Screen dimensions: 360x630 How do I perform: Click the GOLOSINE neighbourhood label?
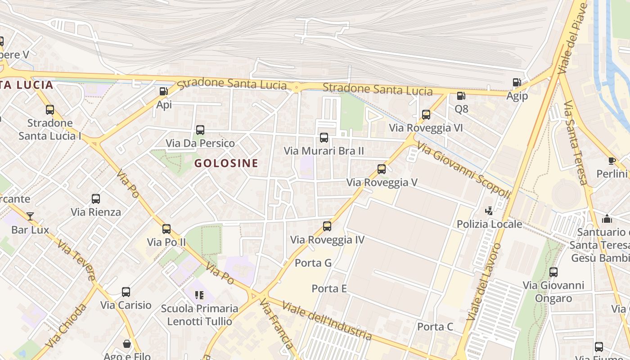226,163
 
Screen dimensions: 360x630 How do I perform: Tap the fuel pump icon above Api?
163,91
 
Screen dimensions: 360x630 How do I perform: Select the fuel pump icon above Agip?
517,82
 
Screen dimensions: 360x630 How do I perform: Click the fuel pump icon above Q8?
461,96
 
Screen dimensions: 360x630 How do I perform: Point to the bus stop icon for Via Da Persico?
200,130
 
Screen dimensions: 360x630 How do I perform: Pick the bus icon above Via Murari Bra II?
324,138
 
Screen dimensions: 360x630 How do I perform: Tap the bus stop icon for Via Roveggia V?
382,169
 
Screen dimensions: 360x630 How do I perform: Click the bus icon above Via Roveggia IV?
327,226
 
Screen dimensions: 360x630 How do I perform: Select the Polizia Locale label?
490,224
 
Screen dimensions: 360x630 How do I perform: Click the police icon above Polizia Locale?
489,211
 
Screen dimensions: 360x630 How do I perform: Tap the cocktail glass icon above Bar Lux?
30,216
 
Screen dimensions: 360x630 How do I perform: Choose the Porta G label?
313,263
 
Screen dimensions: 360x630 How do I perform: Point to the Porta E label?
329,288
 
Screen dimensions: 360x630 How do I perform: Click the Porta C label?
435,327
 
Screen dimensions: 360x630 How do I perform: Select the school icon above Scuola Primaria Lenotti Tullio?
199,295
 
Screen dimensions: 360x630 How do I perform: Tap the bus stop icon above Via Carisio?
126,292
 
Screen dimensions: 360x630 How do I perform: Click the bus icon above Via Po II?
166,229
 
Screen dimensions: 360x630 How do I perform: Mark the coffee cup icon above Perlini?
612,161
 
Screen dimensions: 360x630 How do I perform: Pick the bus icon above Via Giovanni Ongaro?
553,272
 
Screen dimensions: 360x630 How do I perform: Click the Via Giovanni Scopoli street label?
463,170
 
